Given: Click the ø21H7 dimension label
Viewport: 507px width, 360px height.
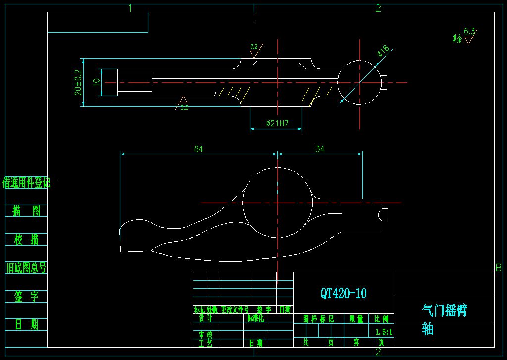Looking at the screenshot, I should point(277,123).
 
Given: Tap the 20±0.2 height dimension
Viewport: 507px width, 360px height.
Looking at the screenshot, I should point(78,82).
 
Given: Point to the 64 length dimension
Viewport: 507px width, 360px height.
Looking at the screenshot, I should point(199,149).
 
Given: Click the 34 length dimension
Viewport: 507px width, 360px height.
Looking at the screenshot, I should point(320,149).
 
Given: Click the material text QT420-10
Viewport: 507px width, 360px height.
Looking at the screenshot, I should point(344,293).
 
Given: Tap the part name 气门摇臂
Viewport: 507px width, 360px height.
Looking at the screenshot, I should point(444,310).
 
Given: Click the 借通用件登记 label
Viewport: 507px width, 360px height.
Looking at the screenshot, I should point(27,183).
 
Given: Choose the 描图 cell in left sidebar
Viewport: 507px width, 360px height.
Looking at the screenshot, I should point(27,211).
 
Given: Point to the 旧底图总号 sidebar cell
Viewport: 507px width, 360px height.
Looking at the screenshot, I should point(27,268).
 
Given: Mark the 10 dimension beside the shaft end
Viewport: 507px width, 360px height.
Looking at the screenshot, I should point(97,81).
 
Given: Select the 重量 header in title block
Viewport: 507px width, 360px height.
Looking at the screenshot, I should point(356,319).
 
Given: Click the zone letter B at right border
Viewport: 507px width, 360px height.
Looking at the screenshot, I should point(499,268).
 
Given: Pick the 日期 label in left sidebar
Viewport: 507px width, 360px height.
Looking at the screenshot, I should point(27,325).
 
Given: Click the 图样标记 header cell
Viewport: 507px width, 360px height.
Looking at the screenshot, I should point(318,319).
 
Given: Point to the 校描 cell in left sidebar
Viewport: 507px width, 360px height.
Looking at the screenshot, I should point(27,240).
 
